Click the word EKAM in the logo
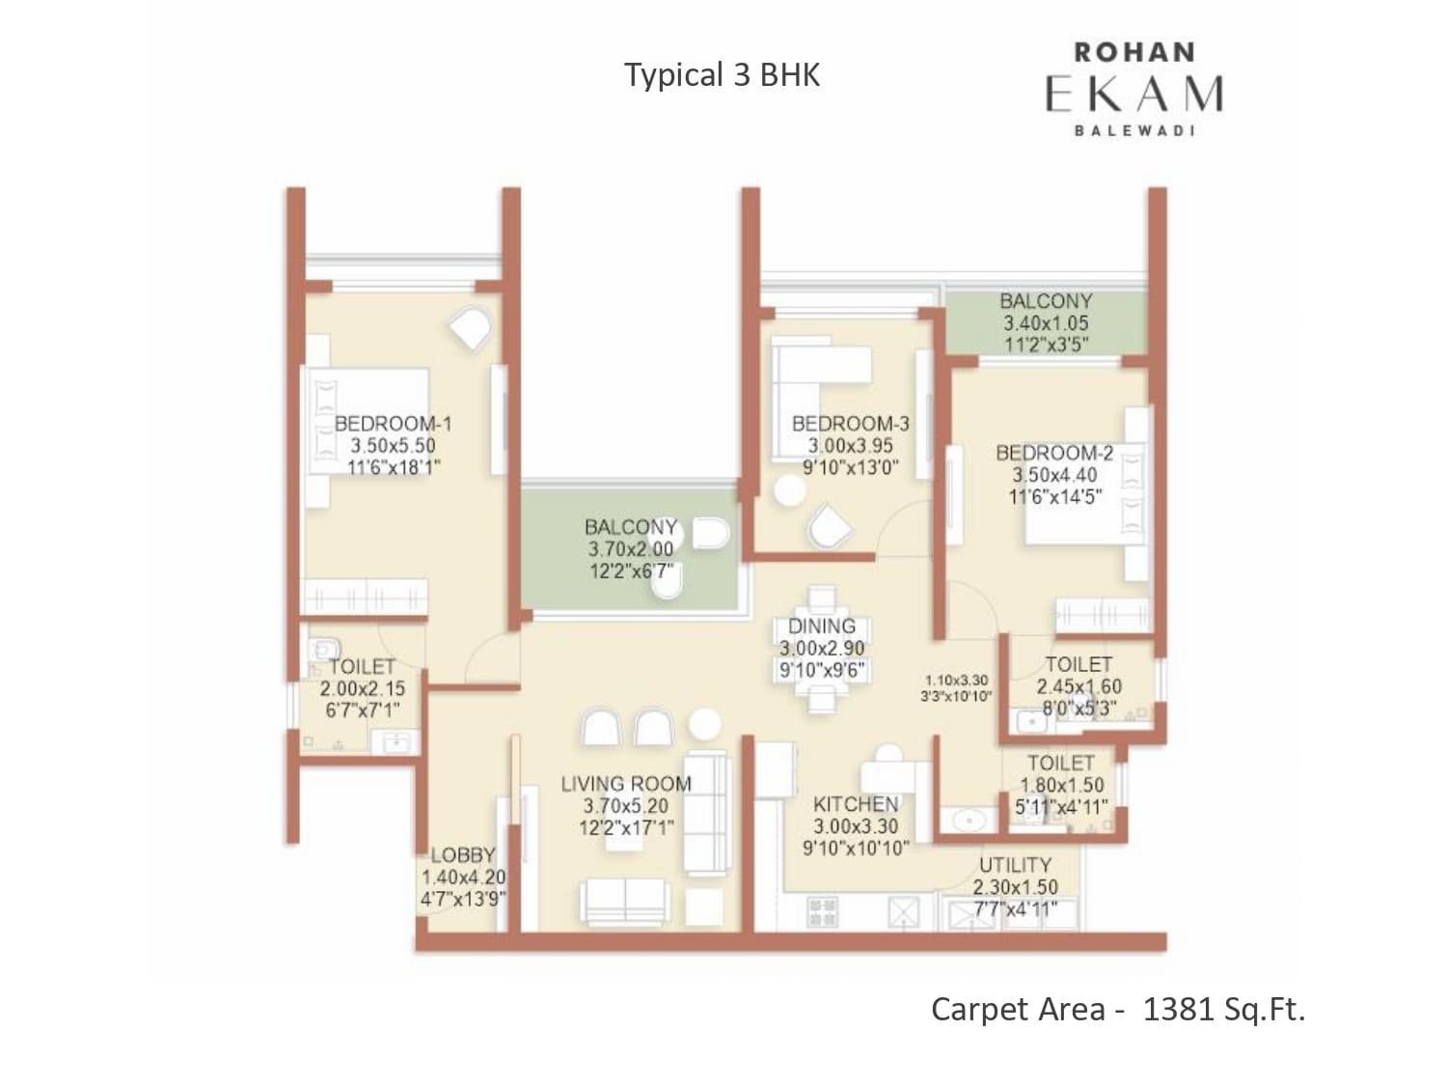click(1134, 95)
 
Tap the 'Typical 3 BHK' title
click(722, 74)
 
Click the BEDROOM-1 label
click(393, 424)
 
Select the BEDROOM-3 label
click(851, 424)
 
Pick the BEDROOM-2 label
click(1054, 453)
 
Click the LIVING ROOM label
click(626, 784)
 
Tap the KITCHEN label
click(856, 804)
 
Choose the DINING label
click(822, 626)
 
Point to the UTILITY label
click(1015, 865)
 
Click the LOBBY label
click(463, 855)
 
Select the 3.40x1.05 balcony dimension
click(1047, 323)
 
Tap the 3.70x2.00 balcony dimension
click(631, 548)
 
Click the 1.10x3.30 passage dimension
click(957, 680)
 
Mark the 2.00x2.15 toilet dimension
click(363, 689)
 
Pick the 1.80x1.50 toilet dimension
click(1061, 786)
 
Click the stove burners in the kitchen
click(823, 912)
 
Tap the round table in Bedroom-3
click(790, 490)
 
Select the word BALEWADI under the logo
click(1134, 130)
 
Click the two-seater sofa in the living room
click(625, 902)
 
